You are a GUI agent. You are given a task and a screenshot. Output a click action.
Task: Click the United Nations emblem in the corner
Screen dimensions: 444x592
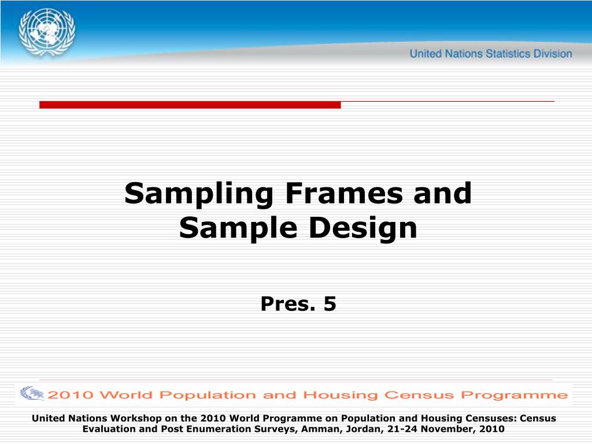pyautogui.click(x=47, y=30)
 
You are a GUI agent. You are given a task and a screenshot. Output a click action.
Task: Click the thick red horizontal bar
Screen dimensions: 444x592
pyautogui.click(x=190, y=105)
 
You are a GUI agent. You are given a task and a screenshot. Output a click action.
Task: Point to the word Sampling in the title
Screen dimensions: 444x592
pyautogui.click(x=198, y=194)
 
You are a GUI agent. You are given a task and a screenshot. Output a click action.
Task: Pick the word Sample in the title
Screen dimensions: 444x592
pyautogui.click(x=238, y=228)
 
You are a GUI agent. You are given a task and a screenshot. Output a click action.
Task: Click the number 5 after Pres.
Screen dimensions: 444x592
pyautogui.click(x=330, y=303)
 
